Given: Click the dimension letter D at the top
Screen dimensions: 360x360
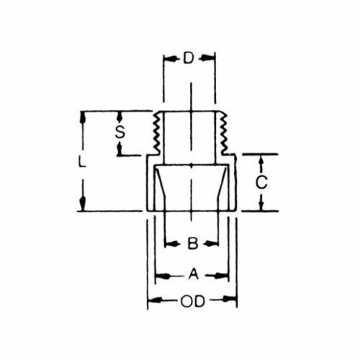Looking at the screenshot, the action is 189,58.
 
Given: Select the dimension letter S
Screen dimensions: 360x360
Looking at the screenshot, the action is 120,132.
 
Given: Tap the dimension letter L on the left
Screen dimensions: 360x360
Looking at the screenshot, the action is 82,161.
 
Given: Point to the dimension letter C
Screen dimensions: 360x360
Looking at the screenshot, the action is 261,182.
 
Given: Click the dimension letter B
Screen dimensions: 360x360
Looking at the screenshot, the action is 193,243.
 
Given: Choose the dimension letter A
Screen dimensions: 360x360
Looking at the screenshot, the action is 194,274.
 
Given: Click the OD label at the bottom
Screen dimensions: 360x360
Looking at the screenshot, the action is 193,302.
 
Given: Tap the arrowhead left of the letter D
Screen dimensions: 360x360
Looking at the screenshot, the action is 169,58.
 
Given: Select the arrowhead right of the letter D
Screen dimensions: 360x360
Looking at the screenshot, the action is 208,58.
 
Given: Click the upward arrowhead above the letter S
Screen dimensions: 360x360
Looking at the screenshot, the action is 120,117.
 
